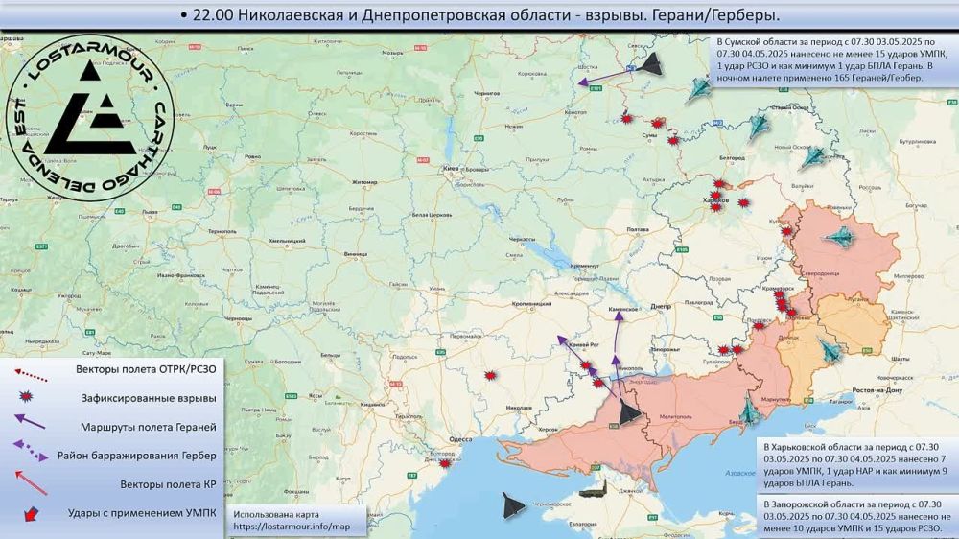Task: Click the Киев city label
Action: [x=447, y=169]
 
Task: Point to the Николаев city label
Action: [x=518, y=408]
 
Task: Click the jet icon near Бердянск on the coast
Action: [x=749, y=412]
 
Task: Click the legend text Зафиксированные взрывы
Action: [x=145, y=398]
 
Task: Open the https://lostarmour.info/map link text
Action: [x=285, y=527]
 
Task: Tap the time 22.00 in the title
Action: [x=217, y=16]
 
